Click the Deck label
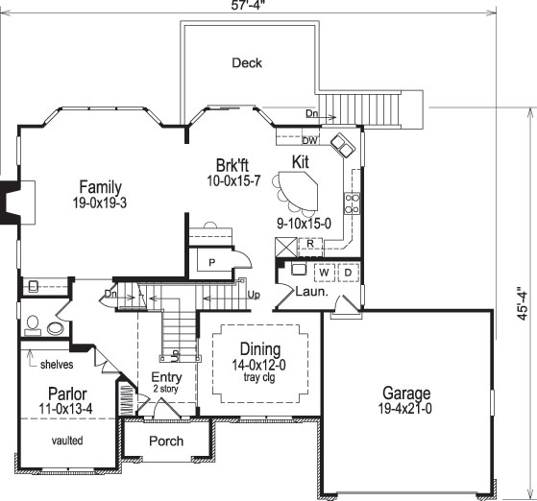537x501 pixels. click(247, 63)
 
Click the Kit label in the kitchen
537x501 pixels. click(301, 163)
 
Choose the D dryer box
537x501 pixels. click(347, 273)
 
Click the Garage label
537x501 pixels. click(405, 393)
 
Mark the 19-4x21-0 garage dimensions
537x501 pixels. click(405, 409)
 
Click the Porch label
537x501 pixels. click(165, 441)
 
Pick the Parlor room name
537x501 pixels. click(67, 394)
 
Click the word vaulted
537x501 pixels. click(67, 441)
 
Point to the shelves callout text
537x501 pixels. click(58, 364)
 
